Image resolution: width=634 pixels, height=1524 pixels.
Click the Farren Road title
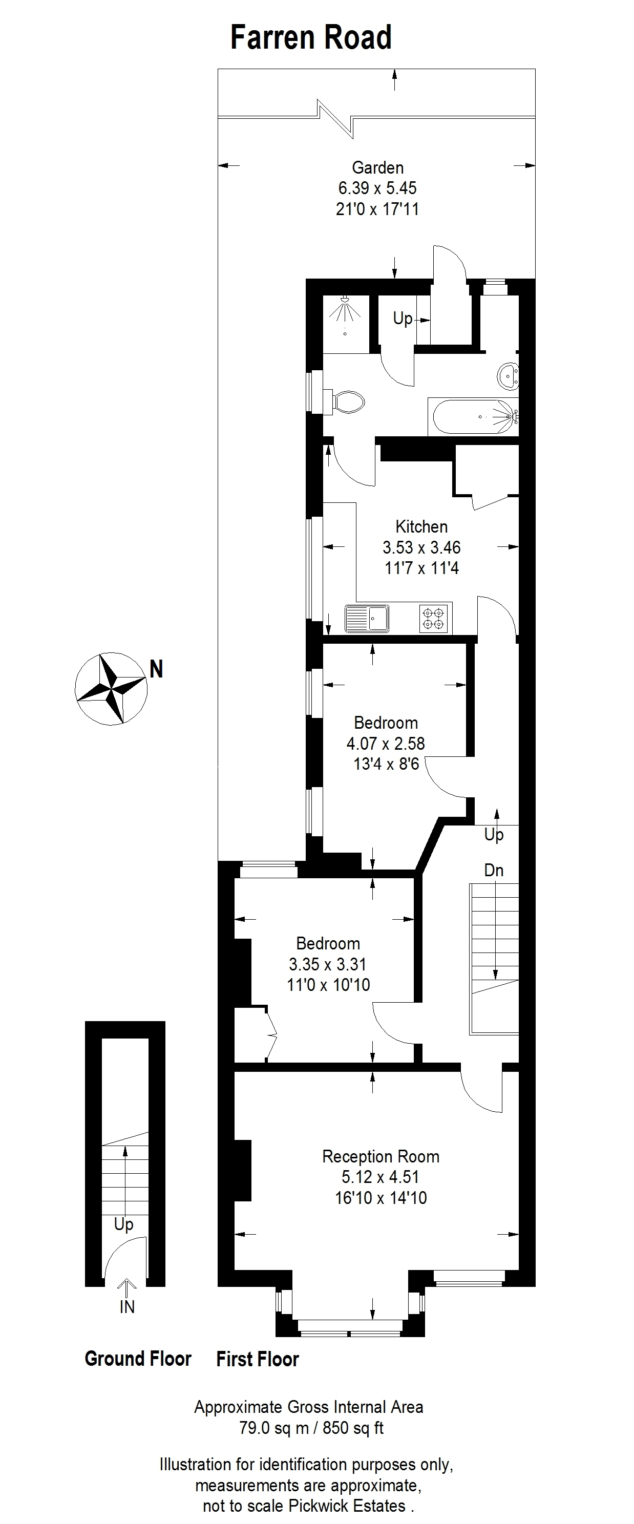311,37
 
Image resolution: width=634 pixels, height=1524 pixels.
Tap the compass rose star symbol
111,688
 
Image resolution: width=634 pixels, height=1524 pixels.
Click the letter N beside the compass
156,669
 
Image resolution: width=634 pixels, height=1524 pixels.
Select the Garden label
377,167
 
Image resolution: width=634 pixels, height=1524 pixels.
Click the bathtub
473,417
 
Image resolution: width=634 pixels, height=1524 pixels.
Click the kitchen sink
367,618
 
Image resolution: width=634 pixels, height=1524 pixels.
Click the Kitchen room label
421,526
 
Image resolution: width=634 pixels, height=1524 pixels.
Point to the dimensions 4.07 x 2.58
386,743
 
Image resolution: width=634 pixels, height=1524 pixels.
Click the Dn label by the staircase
494,870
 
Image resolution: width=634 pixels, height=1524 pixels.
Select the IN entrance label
127,1307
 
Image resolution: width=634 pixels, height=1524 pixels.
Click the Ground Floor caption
138,1359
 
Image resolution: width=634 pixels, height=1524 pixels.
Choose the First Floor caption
258,1359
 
